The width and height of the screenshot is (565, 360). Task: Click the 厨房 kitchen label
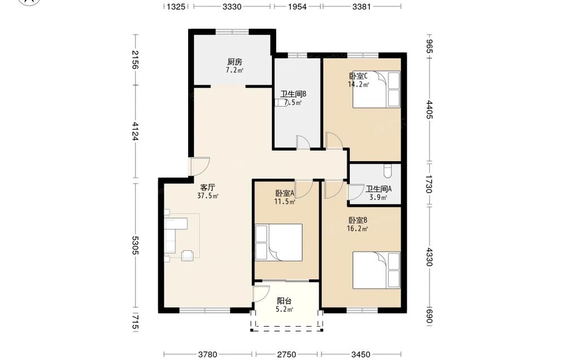pos(234,62)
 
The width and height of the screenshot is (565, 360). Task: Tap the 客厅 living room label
pos(208,188)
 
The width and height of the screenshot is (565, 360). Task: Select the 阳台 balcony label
pos(284,301)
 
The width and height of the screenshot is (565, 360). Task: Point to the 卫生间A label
pos(379,189)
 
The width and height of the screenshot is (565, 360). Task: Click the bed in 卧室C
pos(376,89)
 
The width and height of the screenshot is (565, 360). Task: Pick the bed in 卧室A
pos(279,242)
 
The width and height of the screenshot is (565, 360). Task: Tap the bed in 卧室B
pos(376,270)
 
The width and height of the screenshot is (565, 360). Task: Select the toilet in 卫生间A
pos(388,171)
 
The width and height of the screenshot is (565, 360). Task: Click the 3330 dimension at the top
pos(232,6)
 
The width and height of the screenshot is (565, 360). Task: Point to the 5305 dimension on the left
pos(135,245)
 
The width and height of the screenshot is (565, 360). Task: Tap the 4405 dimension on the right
pos(429,109)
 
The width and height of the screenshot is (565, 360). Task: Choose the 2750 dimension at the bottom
pos(286,354)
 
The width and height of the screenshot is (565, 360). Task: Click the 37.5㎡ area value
pos(208,196)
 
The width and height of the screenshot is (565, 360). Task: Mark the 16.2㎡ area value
pos(358,228)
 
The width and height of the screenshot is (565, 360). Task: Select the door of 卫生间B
pos(303,142)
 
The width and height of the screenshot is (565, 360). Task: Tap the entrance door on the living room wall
pos(201,167)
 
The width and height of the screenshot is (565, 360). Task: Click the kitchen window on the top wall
pos(232,32)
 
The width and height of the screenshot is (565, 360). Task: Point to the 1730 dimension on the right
pos(429,184)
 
